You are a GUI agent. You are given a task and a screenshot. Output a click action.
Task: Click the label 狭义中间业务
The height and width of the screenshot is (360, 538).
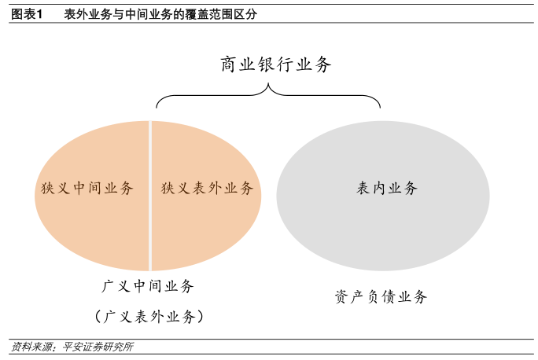click(x=87, y=189)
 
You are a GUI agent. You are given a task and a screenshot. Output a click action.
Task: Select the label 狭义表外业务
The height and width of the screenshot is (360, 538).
click(x=208, y=189)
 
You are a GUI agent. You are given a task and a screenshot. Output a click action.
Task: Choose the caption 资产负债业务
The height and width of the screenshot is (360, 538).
click(x=381, y=297)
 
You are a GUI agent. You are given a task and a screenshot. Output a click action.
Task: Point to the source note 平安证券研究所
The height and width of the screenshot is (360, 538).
click(x=98, y=347)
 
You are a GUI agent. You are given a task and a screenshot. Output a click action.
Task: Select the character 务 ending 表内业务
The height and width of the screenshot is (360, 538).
click(x=410, y=189)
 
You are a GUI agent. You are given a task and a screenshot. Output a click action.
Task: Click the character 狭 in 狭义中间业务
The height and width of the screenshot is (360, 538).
click(x=48, y=189)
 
